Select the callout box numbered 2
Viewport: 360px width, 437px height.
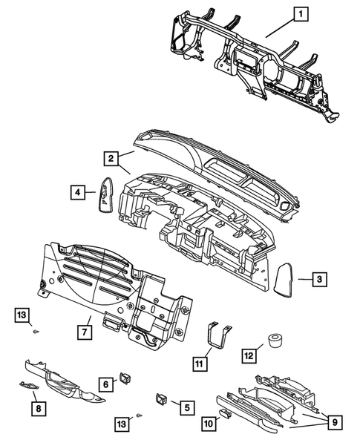point(109,159)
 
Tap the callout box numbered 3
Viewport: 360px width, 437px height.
point(318,279)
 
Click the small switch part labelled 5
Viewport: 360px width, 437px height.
point(161,399)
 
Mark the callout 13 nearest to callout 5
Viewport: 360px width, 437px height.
point(120,423)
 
